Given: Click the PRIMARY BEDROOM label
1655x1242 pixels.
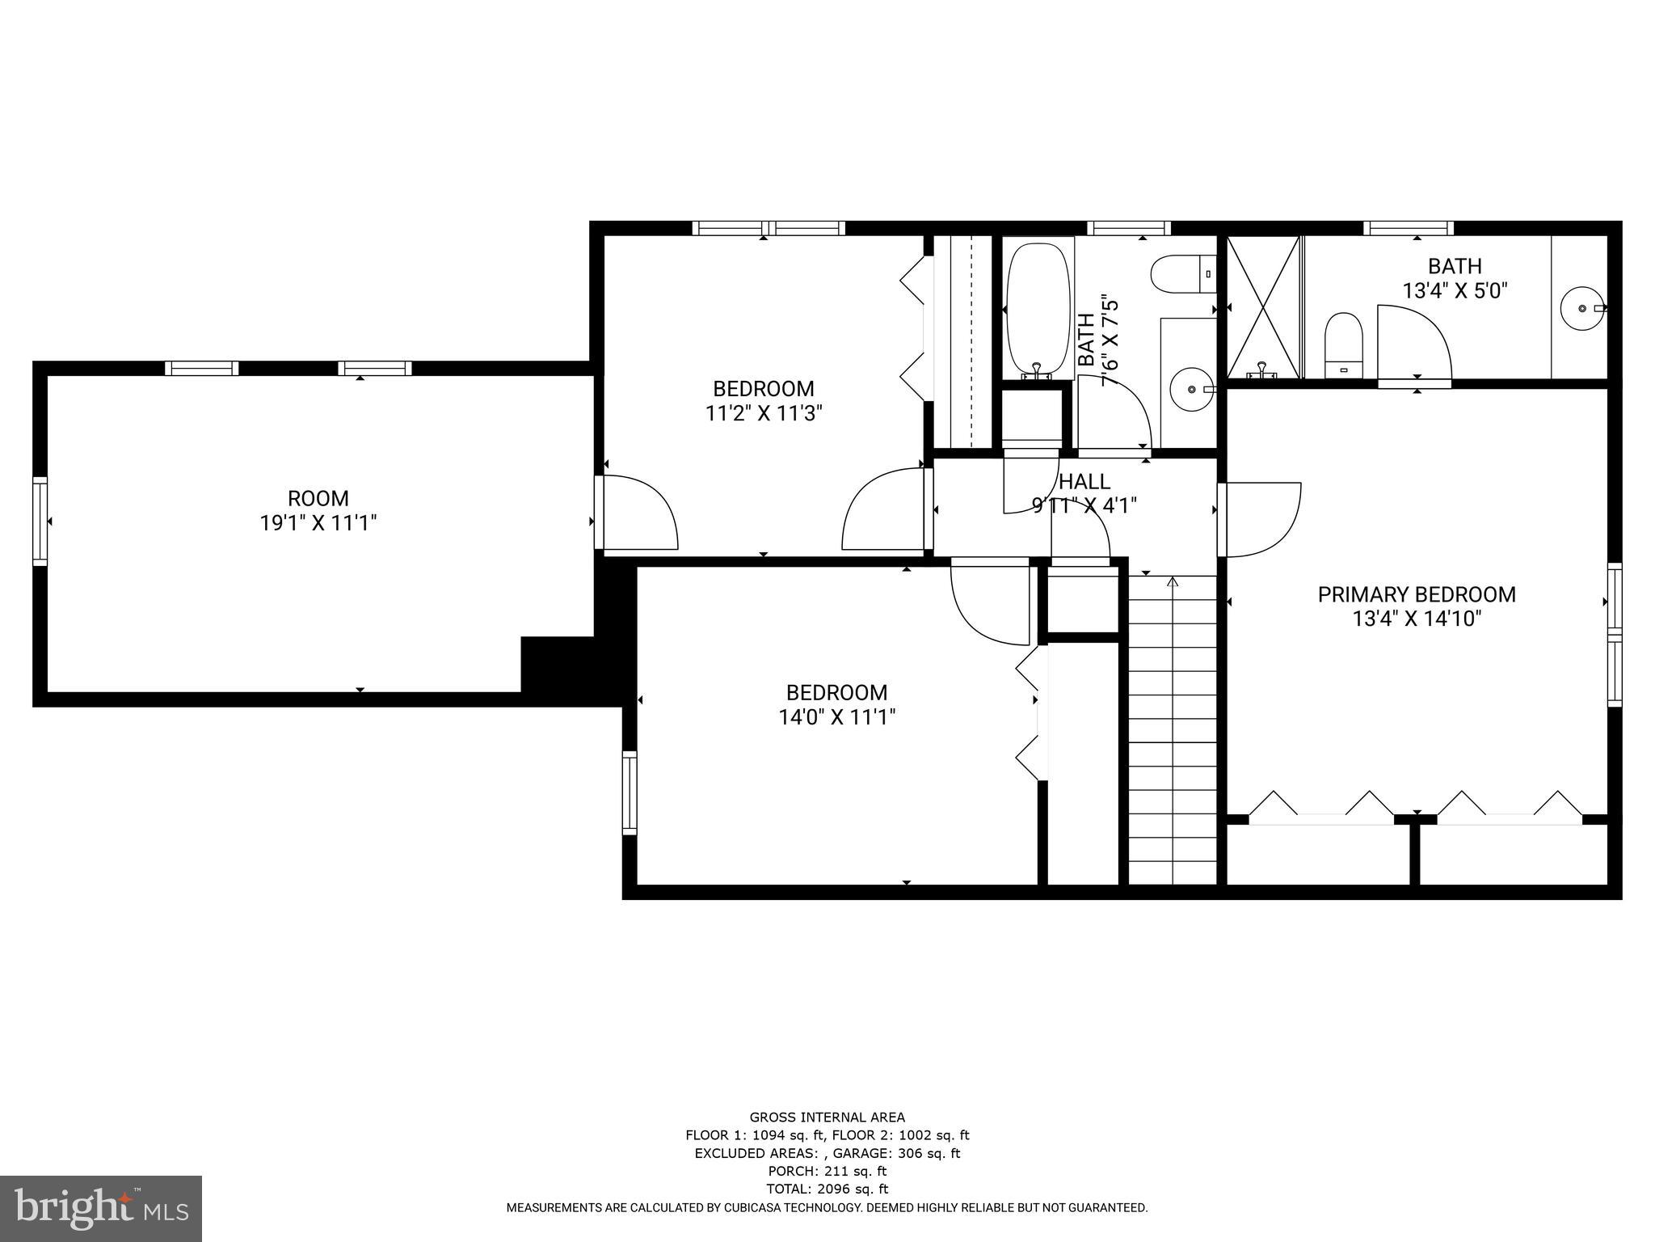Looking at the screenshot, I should pos(1416,594).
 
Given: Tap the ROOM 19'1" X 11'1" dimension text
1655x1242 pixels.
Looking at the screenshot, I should pos(318,523).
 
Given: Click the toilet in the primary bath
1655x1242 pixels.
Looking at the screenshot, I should pos(1344,345).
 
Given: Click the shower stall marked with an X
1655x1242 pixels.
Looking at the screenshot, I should pos(1263,307).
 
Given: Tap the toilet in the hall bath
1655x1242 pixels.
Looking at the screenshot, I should pos(1182,274).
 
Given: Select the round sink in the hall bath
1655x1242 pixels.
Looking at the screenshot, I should pos(1192,389).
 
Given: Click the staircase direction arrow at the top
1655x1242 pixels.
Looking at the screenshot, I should pos(1173,581).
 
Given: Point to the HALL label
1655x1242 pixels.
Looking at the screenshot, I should pos(1084,482).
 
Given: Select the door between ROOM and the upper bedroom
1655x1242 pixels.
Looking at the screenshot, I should pos(636,513).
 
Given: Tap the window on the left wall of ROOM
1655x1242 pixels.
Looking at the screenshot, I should pos(40,521).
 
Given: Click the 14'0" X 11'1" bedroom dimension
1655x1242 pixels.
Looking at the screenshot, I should pos(836,717).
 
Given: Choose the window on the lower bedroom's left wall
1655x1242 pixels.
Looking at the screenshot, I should pos(630,792).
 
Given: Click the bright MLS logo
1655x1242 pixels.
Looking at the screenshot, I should pos(101,1207).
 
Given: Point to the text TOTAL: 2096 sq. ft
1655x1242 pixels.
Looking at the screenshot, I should pos(827,1189).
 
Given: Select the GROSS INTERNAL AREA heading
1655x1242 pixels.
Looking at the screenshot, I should pos(827,1117).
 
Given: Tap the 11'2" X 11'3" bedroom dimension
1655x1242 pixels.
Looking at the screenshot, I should pos(764,414).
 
